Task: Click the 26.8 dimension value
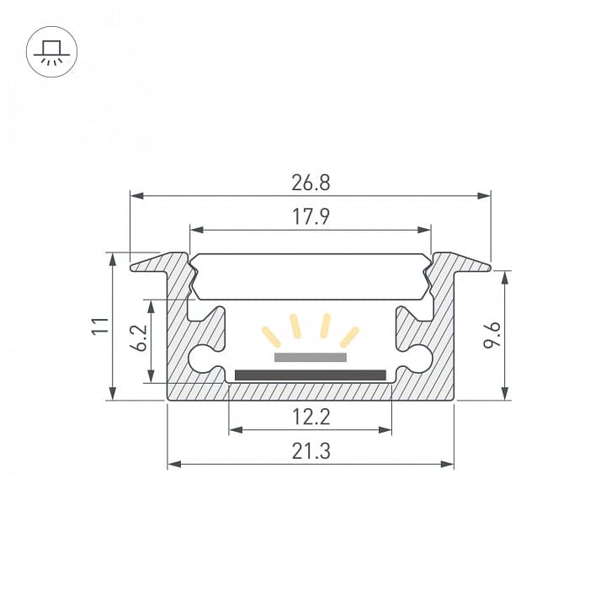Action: [x=311, y=183]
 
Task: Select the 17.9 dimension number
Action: [x=311, y=217]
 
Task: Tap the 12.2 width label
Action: [x=311, y=417]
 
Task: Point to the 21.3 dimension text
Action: [x=311, y=451]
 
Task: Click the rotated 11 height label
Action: [x=99, y=326]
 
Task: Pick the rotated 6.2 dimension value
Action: [x=138, y=338]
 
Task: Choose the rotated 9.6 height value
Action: [x=492, y=335]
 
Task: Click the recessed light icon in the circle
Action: [x=52, y=52]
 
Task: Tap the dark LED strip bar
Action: [x=311, y=375]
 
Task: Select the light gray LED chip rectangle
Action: [x=311, y=358]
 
